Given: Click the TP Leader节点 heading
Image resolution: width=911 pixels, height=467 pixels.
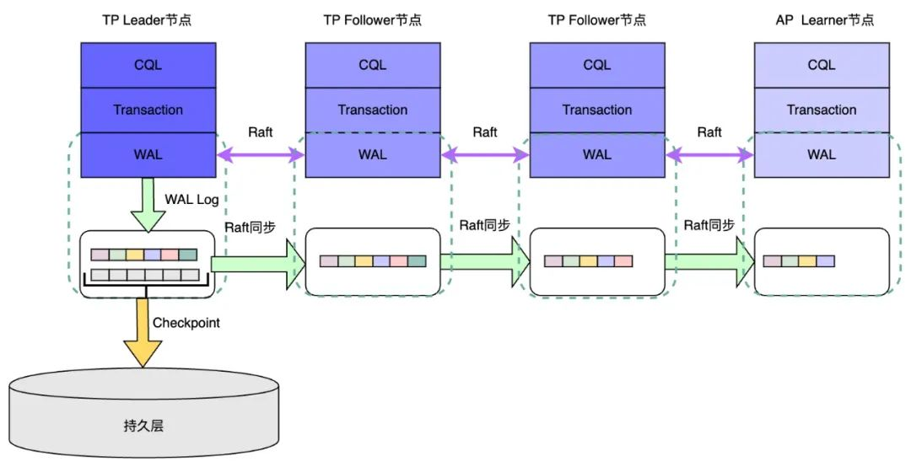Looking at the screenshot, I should click(x=148, y=19).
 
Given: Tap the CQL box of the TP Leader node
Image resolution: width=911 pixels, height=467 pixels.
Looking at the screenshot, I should click(x=148, y=65).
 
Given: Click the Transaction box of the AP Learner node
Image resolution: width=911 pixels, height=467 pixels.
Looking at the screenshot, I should click(x=821, y=110).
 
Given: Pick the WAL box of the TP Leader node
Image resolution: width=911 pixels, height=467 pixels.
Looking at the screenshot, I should click(x=148, y=154).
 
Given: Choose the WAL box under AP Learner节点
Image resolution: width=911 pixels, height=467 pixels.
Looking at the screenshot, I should click(x=821, y=154).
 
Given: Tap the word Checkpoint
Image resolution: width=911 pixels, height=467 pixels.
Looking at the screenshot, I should click(x=186, y=323).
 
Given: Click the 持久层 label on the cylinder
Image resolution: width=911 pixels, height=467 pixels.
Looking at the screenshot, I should click(x=143, y=425).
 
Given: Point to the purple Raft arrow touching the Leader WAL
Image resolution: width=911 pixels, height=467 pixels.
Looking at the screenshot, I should click(x=260, y=154).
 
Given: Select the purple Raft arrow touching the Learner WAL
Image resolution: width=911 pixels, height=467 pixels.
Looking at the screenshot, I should click(x=709, y=154).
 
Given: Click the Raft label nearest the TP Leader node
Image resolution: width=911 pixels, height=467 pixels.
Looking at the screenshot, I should click(x=260, y=132).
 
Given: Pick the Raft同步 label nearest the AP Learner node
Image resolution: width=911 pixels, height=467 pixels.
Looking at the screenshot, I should click(x=709, y=225).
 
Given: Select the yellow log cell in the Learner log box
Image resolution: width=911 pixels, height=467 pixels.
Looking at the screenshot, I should click(x=807, y=261).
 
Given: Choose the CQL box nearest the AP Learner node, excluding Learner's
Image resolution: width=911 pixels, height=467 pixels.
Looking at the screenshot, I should click(x=597, y=65).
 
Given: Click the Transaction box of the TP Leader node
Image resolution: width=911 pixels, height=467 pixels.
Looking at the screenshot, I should click(x=148, y=110).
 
